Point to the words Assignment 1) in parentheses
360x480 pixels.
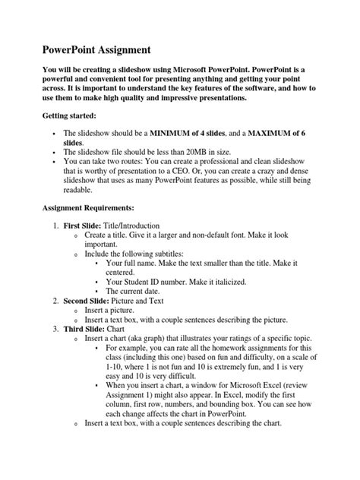133,396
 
